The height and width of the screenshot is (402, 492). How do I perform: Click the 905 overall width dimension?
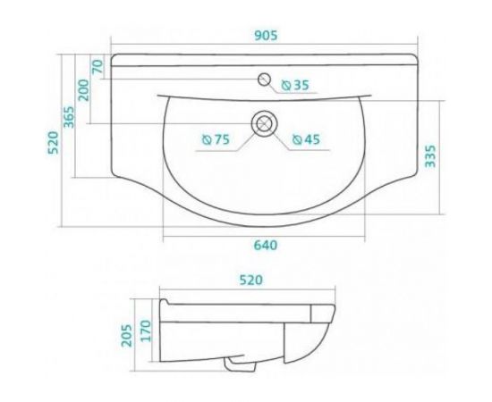[x=266, y=36]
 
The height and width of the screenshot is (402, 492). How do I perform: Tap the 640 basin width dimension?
[x=266, y=246]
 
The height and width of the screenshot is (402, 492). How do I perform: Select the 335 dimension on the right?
[x=430, y=157]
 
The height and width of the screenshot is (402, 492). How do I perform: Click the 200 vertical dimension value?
[x=83, y=90]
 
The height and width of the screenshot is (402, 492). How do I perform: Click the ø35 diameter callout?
[x=294, y=85]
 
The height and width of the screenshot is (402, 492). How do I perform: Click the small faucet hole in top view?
[x=263, y=80]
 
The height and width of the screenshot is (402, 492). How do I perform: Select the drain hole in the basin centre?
[x=264, y=123]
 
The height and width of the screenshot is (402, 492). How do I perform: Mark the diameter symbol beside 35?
[x=285, y=85]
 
